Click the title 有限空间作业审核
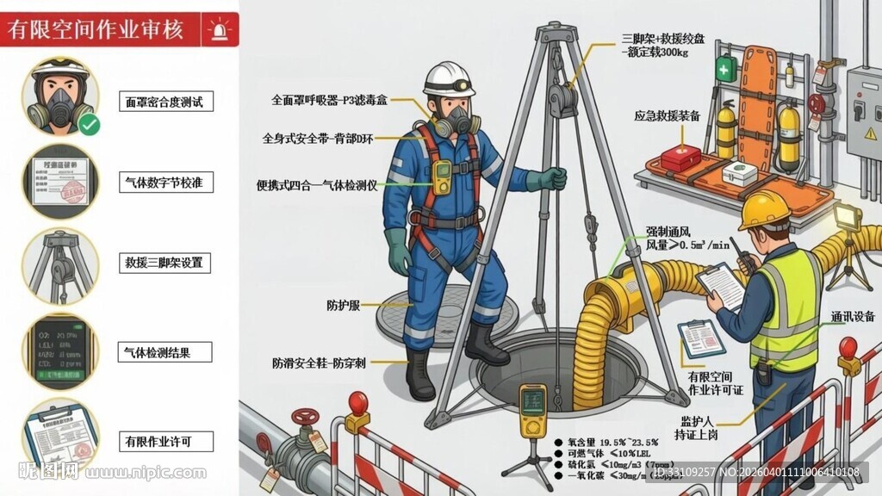click(96, 30)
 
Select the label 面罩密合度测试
click(164, 102)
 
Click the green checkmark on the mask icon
click(88, 125)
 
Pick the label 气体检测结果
click(165, 351)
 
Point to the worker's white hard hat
click(449, 78)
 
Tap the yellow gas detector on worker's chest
click(443, 177)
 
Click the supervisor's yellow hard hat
click(764, 208)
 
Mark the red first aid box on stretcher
click(680, 158)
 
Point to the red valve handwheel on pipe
click(305, 417)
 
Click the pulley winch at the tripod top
click(563, 96)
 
